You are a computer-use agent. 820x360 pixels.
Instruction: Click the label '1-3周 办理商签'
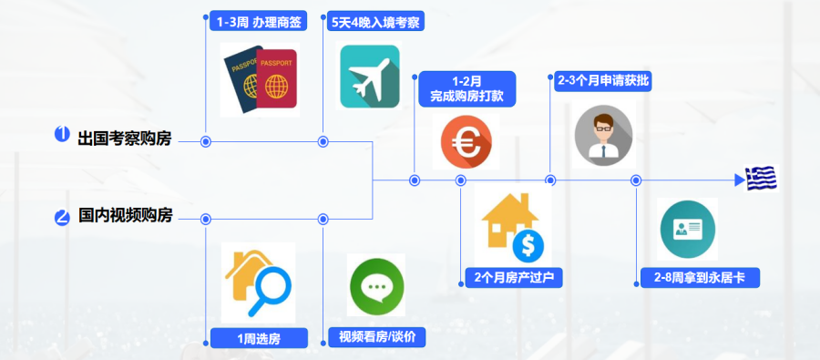[x=259, y=21]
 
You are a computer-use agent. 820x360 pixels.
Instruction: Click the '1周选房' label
[x=259, y=338]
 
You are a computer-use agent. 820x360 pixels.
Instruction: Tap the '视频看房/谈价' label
[x=376, y=338]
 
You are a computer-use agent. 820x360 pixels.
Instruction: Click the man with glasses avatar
[x=603, y=135]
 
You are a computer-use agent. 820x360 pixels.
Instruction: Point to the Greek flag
[x=761, y=179]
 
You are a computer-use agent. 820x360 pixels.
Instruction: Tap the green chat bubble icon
[x=376, y=287]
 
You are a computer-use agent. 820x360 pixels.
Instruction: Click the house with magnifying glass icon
[x=259, y=282]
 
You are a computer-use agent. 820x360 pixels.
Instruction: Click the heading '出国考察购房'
[x=125, y=139]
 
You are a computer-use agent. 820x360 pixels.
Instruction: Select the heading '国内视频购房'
[x=125, y=217]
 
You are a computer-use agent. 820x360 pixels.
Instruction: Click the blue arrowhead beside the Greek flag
[x=740, y=180]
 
